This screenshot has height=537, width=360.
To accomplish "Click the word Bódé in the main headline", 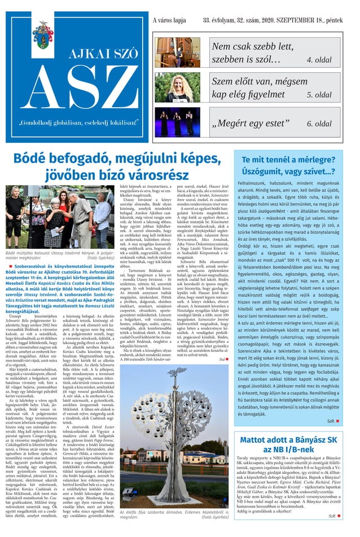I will coord(35,160).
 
